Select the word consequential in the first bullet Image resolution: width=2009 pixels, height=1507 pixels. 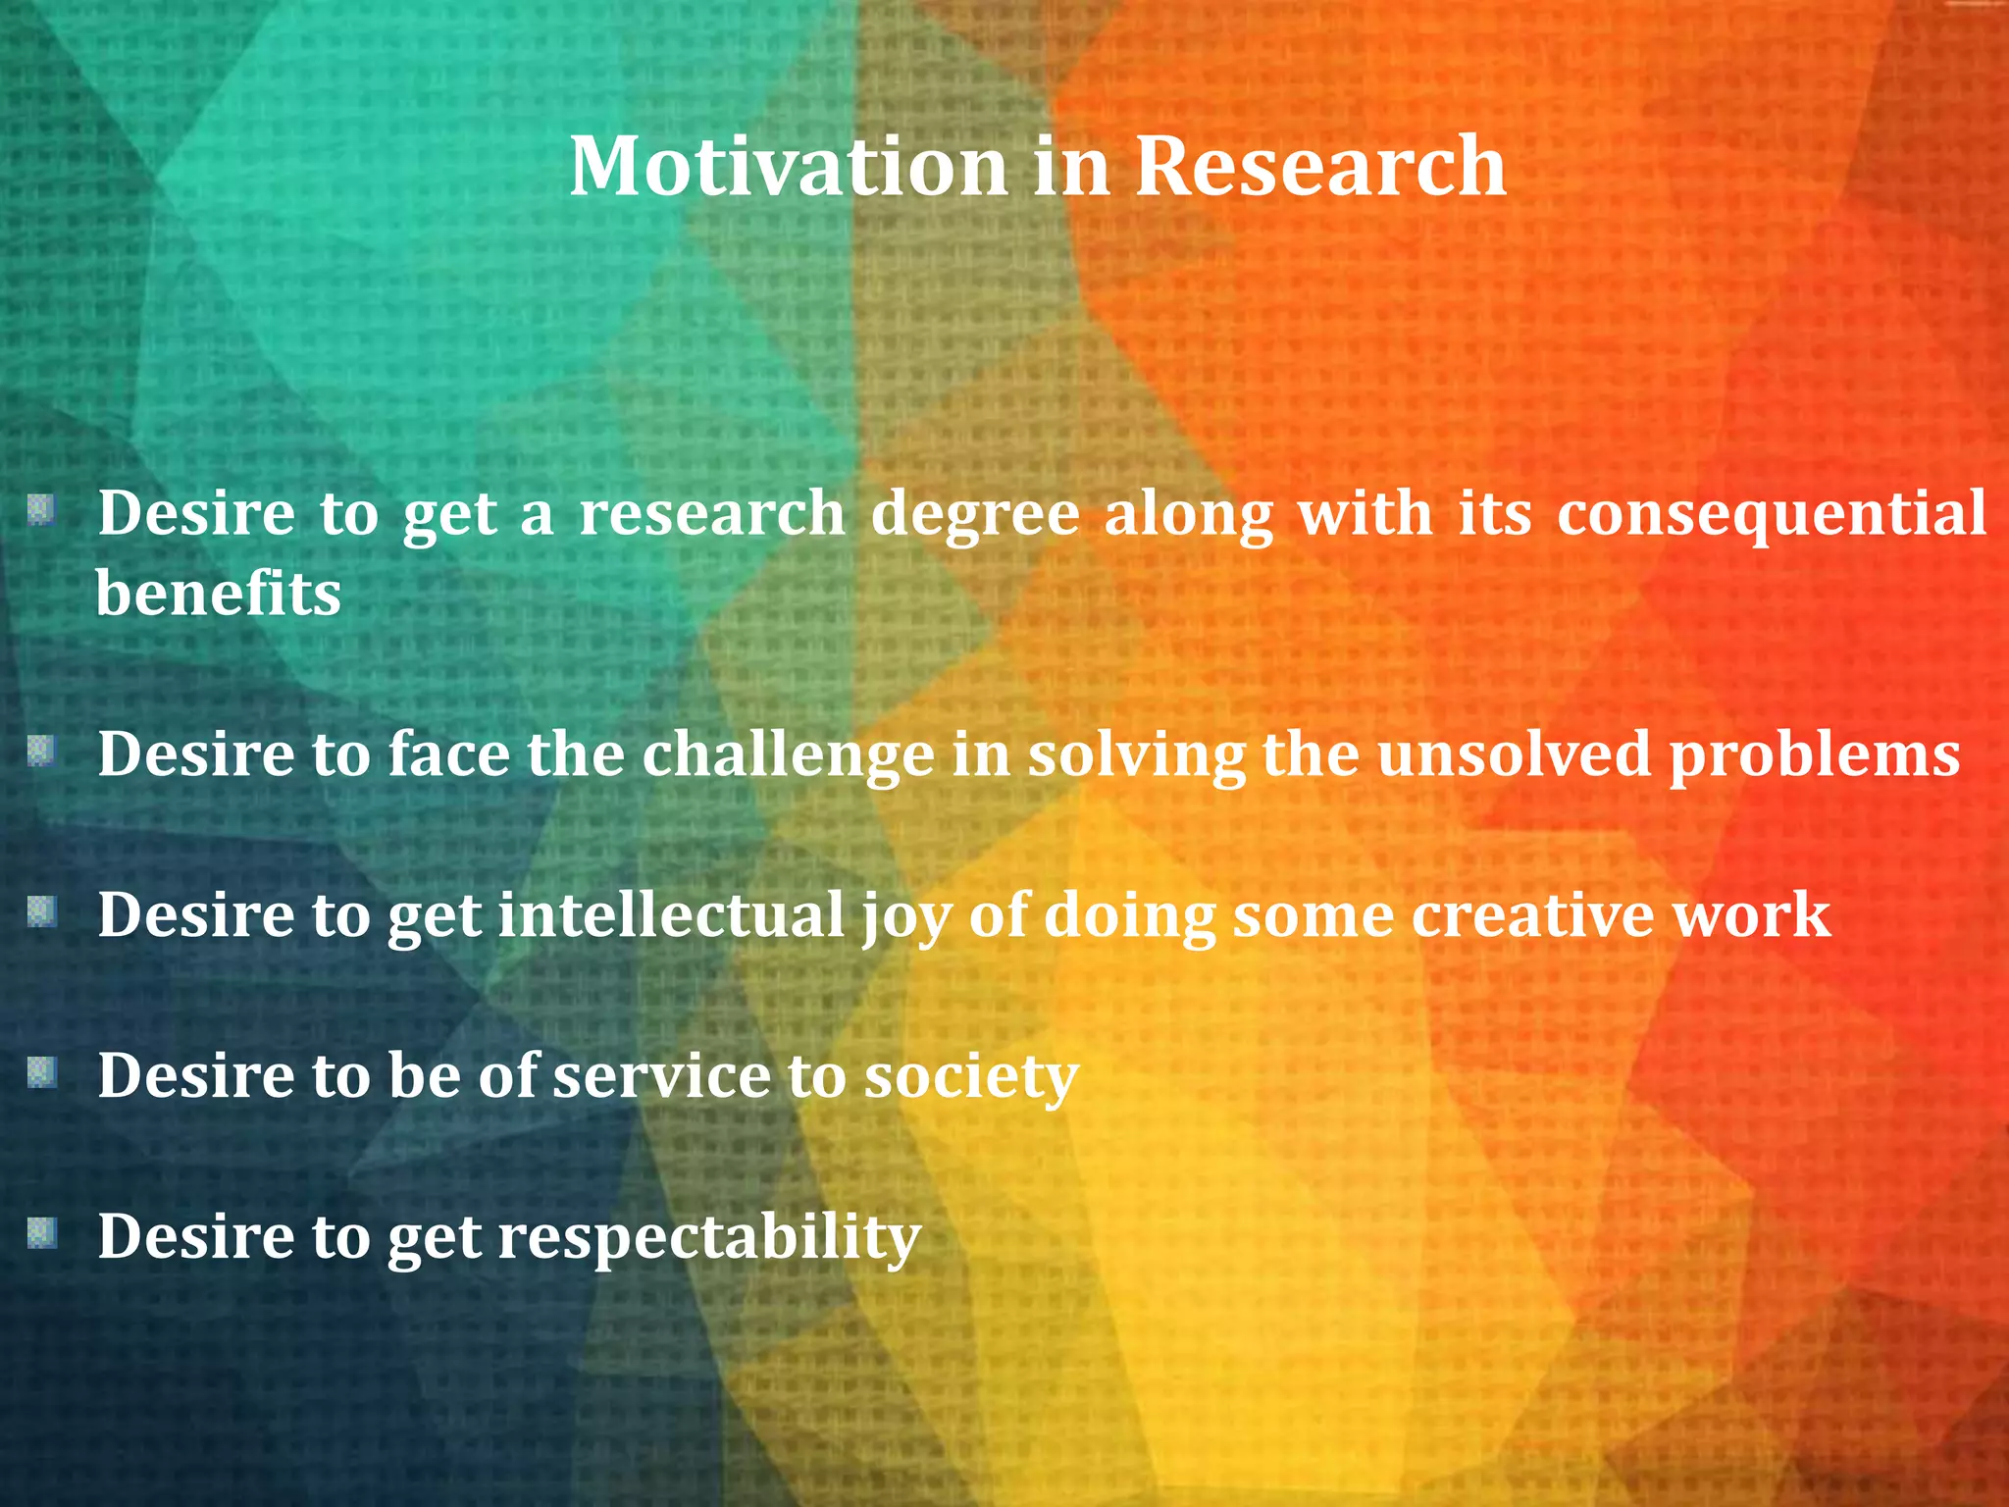coord(1771,513)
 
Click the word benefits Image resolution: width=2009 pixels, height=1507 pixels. coord(218,594)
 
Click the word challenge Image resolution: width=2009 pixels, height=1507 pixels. coord(788,754)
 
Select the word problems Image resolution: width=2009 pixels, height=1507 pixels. coord(1814,755)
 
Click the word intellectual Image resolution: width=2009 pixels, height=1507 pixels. coord(671,914)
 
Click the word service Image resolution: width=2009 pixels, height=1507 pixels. coord(661,1075)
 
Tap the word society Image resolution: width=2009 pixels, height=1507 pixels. coord(970,1077)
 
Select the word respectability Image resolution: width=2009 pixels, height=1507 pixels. coord(709,1238)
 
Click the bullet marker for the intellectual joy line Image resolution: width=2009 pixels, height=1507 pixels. coord(41,911)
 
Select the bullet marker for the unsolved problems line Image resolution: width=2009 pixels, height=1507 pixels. coord(41,752)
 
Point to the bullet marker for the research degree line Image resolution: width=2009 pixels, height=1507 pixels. coord(41,510)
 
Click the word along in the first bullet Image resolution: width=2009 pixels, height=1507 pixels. coord(1188,515)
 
